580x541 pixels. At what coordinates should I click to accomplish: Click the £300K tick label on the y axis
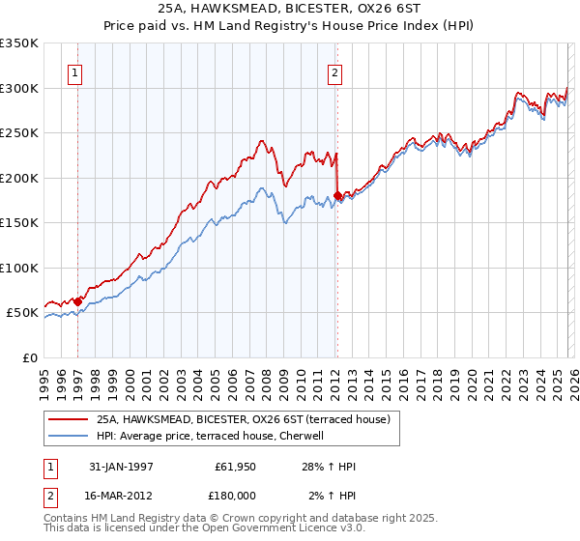point(19,88)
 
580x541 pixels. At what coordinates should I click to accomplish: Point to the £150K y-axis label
point(19,222)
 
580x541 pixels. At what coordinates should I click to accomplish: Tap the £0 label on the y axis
point(29,357)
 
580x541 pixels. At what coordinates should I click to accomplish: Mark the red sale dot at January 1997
point(78,301)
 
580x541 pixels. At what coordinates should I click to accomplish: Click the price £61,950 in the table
point(235,467)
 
